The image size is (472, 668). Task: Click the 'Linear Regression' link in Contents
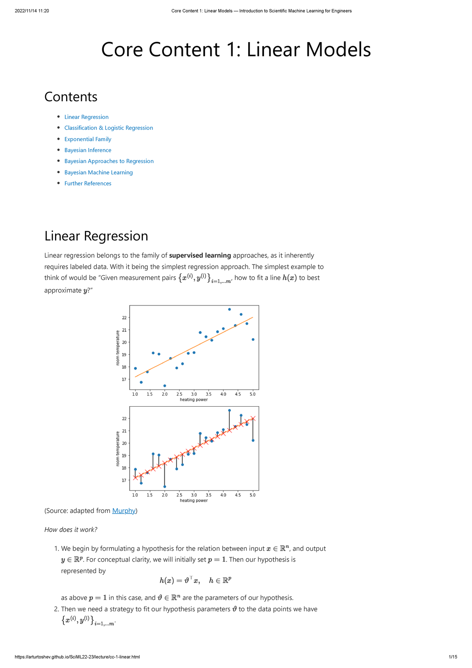pyautogui.click(x=86, y=117)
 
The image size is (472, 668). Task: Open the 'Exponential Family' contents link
pyautogui.click(x=88, y=139)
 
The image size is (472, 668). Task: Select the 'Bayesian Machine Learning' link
pyautogui.click(x=98, y=172)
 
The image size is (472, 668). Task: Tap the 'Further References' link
pyautogui.click(x=88, y=183)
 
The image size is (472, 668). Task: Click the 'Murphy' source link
pyautogui.click(x=124, y=511)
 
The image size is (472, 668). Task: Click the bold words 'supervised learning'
pyautogui.click(x=200, y=255)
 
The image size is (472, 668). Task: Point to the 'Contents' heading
pyautogui.click(x=71, y=97)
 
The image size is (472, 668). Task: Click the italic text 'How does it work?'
pyautogui.click(x=71, y=529)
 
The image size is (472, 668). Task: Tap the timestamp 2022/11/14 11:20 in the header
pyautogui.click(x=32, y=11)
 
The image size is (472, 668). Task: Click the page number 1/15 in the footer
pyautogui.click(x=452, y=657)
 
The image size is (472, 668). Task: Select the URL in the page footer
pyautogui.click(x=77, y=657)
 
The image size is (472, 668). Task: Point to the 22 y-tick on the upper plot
pyautogui.click(x=124, y=318)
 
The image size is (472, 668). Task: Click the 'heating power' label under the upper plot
pyautogui.click(x=194, y=400)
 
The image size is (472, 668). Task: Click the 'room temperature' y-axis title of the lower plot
pyautogui.click(x=118, y=449)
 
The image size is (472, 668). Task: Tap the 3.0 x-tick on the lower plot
pyautogui.click(x=194, y=495)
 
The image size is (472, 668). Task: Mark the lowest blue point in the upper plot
pyautogui.click(x=164, y=386)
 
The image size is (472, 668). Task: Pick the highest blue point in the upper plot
pyautogui.click(x=229, y=309)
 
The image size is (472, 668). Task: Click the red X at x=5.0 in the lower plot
pyautogui.click(x=253, y=418)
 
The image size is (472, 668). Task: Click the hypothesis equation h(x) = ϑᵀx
pyautogui.click(x=180, y=580)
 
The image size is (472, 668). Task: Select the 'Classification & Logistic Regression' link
pyautogui.click(x=109, y=128)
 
